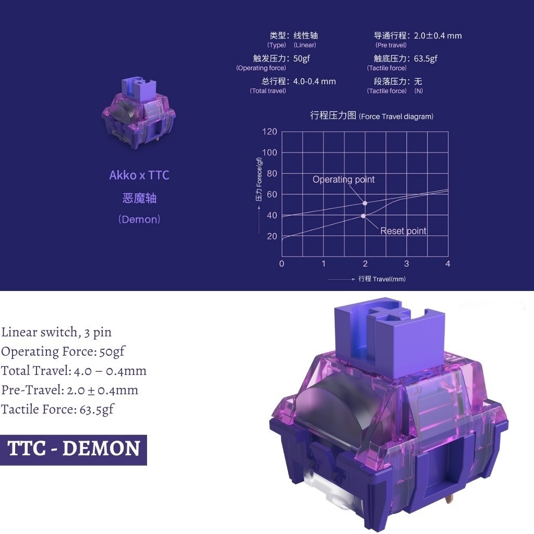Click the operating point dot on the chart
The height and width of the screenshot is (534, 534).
pos(365,203)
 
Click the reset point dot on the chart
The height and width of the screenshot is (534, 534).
pos(363,216)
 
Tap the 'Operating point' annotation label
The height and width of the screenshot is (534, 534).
pos(344,179)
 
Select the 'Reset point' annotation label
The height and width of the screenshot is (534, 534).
pos(403,231)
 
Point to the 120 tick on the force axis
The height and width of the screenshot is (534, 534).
pos(270,131)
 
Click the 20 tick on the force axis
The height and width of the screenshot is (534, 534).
pos(272,236)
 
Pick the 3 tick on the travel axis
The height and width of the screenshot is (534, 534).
pos(407,263)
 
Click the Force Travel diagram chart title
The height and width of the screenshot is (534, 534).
pos(371,116)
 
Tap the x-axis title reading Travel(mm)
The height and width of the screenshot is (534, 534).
pos(382,279)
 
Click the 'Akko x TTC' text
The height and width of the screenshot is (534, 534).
pos(139,175)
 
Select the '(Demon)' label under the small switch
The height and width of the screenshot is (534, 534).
pos(139,220)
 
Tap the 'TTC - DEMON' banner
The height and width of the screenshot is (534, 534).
pos(74,449)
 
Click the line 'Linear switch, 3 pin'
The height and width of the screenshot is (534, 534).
pos(56,332)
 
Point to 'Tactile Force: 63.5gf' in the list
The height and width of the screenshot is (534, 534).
pos(57,409)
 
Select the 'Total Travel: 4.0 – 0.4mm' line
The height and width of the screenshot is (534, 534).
pos(74,371)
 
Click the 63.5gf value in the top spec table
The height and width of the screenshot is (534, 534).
pos(426,58)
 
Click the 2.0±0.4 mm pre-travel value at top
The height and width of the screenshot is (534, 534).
pos(438,36)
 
